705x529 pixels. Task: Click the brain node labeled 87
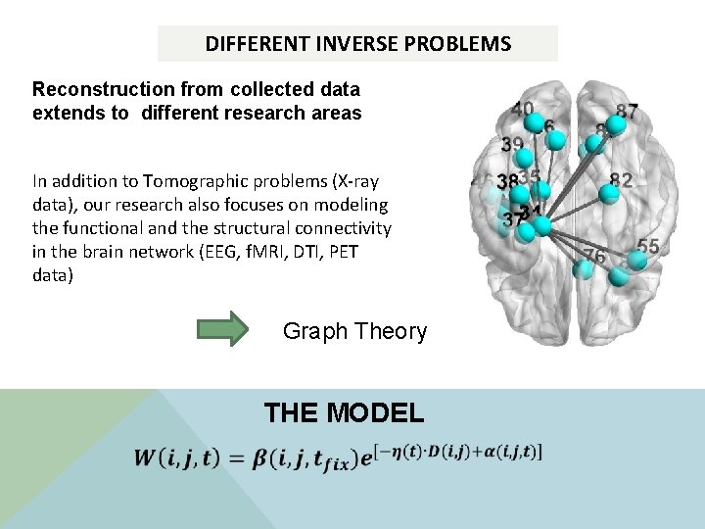617,124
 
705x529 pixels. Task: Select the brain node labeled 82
609,193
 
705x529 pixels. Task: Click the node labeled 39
524,157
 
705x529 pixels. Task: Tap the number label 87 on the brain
628,112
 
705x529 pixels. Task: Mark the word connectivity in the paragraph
340,228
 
